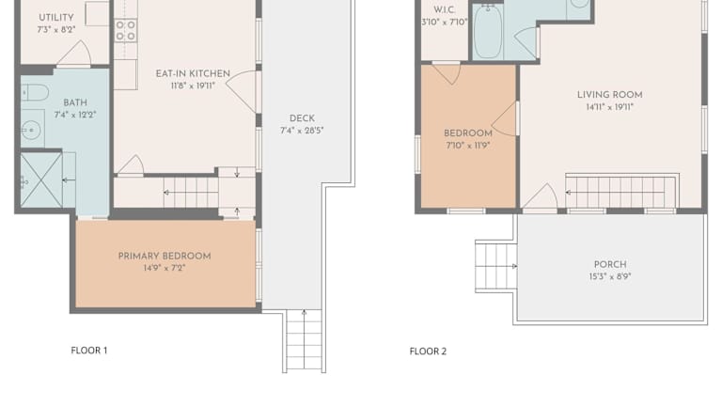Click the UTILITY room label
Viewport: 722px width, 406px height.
[x=56, y=18]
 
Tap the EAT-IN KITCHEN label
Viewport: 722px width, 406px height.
[x=193, y=73]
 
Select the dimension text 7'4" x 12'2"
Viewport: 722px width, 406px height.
[x=75, y=115]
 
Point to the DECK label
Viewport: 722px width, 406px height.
[x=302, y=118]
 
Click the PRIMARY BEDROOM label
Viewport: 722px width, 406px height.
[x=165, y=257]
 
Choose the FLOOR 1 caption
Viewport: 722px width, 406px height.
[x=89, y=351]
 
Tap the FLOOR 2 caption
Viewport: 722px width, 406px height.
[x=428, y=351]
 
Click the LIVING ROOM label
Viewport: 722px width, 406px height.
[x=609, y=95]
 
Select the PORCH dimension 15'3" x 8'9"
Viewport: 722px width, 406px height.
[x=609, y=276]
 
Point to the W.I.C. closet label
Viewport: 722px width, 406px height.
[x=445, y=10]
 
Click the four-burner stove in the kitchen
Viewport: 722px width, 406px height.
[x=126, y=30]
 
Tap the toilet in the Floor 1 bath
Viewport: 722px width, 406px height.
[x=35, y=92]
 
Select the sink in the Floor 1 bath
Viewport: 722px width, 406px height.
[x=31, y=131]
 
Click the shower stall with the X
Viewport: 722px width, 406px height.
[x=41, y=180]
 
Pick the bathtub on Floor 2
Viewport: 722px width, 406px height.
[x=488, y=31]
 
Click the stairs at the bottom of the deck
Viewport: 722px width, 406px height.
[x=304, y=340]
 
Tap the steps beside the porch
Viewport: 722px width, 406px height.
[x=496, y=267]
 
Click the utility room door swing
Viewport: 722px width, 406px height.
[x=74, y=53]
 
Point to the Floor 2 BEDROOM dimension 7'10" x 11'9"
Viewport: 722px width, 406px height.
[x=468, y=146]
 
